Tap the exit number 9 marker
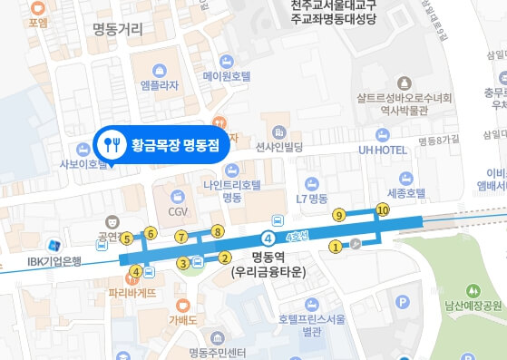(x=338, y=216)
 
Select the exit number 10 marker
(x=382, y=210)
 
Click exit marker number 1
(x=335, y=245)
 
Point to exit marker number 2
(x=223, y=257)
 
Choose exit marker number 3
(x=183, y=263)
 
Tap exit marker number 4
(x=136, y=271)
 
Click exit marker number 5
(x=127, y=239)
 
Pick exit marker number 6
(x=151, y=234)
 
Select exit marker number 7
(x=182, y=238)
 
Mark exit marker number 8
(x=217, y=232)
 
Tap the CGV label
(x=178, y=211)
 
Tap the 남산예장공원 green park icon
(x=472, y=291)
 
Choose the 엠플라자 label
(x=161, y=87)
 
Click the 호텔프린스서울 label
(x=313, y=318)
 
